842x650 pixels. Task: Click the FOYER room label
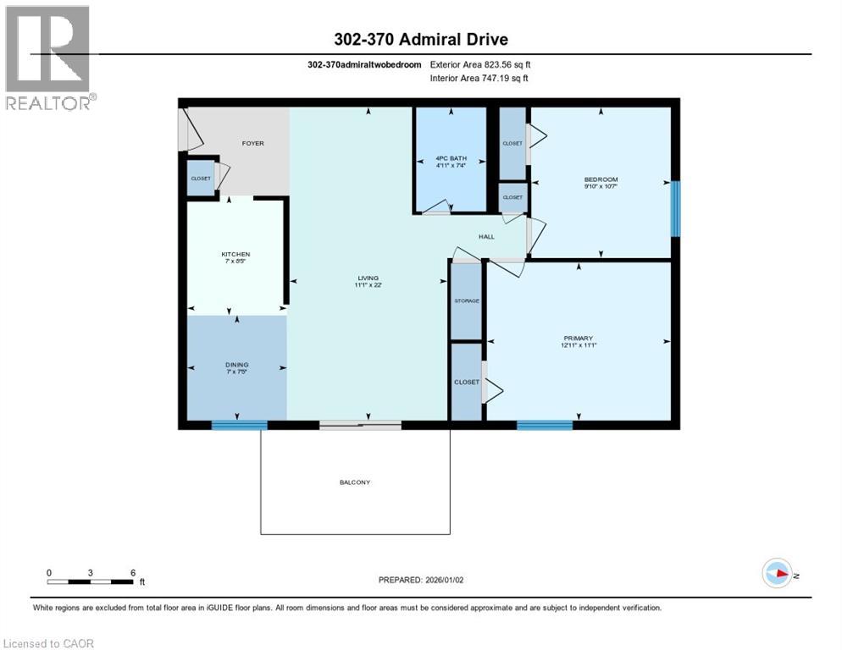(x=252, y=143)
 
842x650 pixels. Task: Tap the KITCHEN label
(x=235, y=254)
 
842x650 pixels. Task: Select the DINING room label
(x=236, y=365)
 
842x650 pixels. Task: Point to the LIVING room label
(x=368, y=278)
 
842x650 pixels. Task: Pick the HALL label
(x=486, y=236)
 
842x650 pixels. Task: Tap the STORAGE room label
(x=466, y=301)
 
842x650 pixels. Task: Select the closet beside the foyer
(x=200, y=179)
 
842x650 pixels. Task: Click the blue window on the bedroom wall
(x=675, y=208)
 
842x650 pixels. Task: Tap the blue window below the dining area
(x=239, y=426)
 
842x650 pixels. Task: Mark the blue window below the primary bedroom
(x=545, y=426)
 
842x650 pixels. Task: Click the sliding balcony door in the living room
(x=360, y=426)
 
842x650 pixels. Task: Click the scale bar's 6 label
(x=133, y=572)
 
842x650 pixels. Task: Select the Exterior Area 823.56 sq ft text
(x=480, y=63)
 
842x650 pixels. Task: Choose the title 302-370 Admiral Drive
(x=420, y=39)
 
